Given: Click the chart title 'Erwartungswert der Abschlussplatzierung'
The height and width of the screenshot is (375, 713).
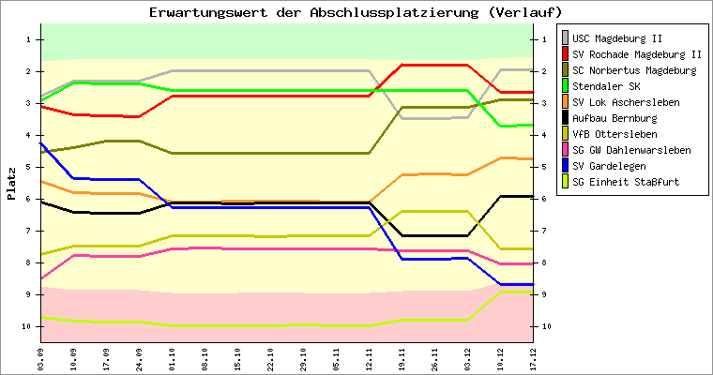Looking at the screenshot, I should (x=356, y=12).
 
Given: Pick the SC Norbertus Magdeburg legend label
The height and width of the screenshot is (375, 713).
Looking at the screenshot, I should (x=633, y=70).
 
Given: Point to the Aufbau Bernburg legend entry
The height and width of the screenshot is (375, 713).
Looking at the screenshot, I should (x=614, y=118).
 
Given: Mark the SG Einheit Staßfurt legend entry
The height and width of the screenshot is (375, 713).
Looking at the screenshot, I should (x=626, y=182).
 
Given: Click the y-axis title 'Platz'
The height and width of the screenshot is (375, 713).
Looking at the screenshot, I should (x=12, y=184).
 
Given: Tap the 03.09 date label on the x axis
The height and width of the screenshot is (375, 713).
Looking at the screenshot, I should (x=40, y=357).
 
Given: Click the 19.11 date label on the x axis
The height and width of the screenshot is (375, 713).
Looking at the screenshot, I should (x=402, y=357).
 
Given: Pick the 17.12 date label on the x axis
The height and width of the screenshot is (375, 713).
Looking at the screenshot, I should (x=533, y=357).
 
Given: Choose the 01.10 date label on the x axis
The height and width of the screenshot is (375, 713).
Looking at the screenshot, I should (x=172, y=357).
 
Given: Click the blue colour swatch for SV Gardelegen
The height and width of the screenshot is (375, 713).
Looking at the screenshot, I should (x=566, y=166).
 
